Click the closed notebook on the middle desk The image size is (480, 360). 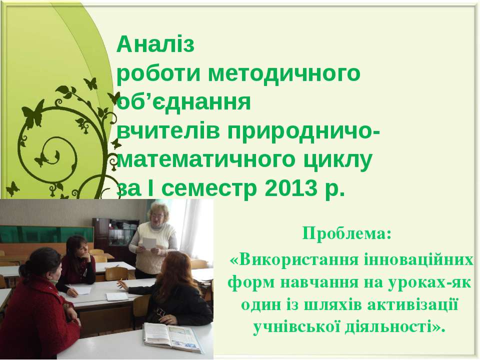tap(117, 296)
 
